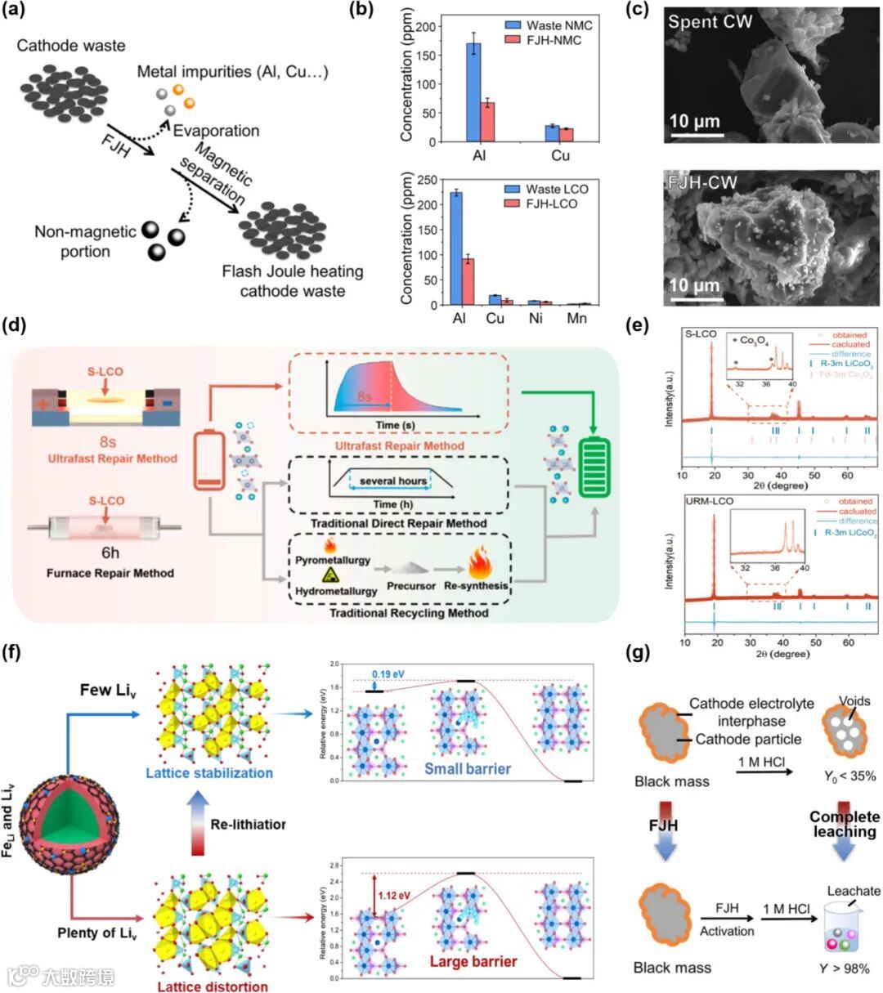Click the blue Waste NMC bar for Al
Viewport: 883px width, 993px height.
coord(473,92)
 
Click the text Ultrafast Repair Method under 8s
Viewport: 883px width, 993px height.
coord(107,458)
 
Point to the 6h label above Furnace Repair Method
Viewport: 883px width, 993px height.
coord(107,552)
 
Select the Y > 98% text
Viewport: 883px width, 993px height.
coord(846,968)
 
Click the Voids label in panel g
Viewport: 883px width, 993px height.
coord(854,700)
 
